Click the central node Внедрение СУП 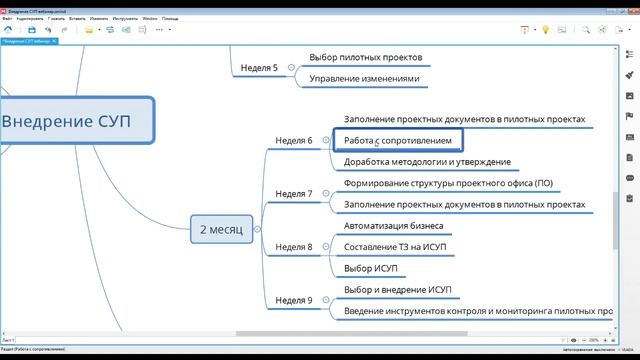[75, 122]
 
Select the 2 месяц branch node [220, 229]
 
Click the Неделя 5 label [259, 69]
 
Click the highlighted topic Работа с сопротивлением [403, 141]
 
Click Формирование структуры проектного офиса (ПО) [447, 184]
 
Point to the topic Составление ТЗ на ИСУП [396, 247]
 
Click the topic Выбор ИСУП [371, 268]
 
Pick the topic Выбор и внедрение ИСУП [397, 290]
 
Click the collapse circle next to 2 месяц [257, 229]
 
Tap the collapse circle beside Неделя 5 [291, 69]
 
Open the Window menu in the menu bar [150, 18]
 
